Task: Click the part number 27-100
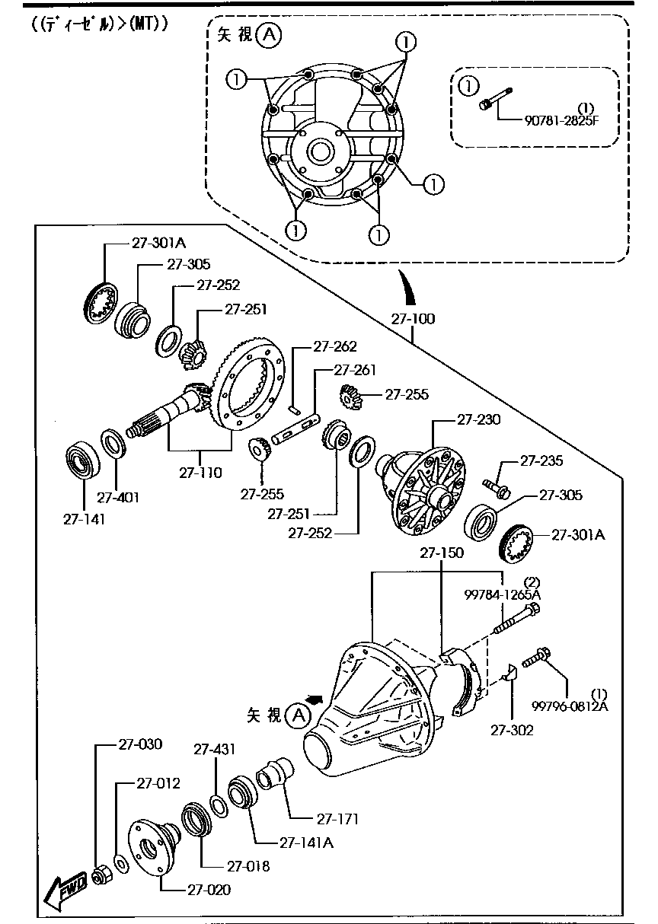pyautogui.click(x=414, y=319)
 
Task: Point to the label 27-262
pyautogui.click(x=334, y=346)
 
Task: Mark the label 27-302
pyautogui.click(x=512, y=730)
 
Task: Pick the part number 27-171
pyautogui.click(x=337, y=819)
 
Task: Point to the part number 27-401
pyautogui.click(x=118, y=497)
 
